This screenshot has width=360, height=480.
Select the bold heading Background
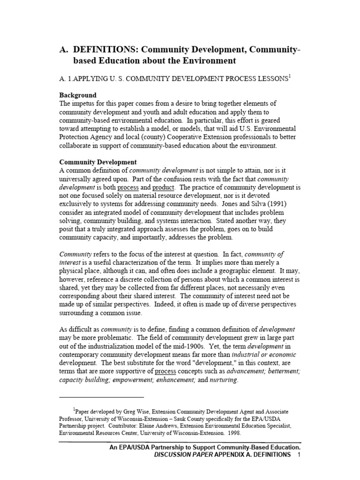[78, 95]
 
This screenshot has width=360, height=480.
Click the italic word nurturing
[223, 380]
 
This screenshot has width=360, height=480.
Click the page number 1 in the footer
[299, 457]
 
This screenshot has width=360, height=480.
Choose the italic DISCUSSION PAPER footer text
[179, 457]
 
